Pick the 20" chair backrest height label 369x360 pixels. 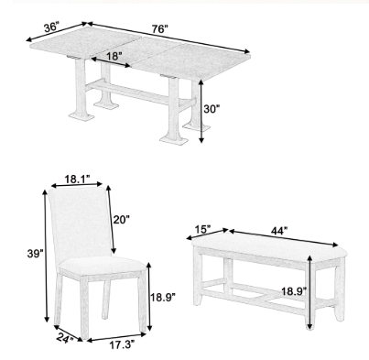click(122, 219)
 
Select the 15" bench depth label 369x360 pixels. click(203, 228)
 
